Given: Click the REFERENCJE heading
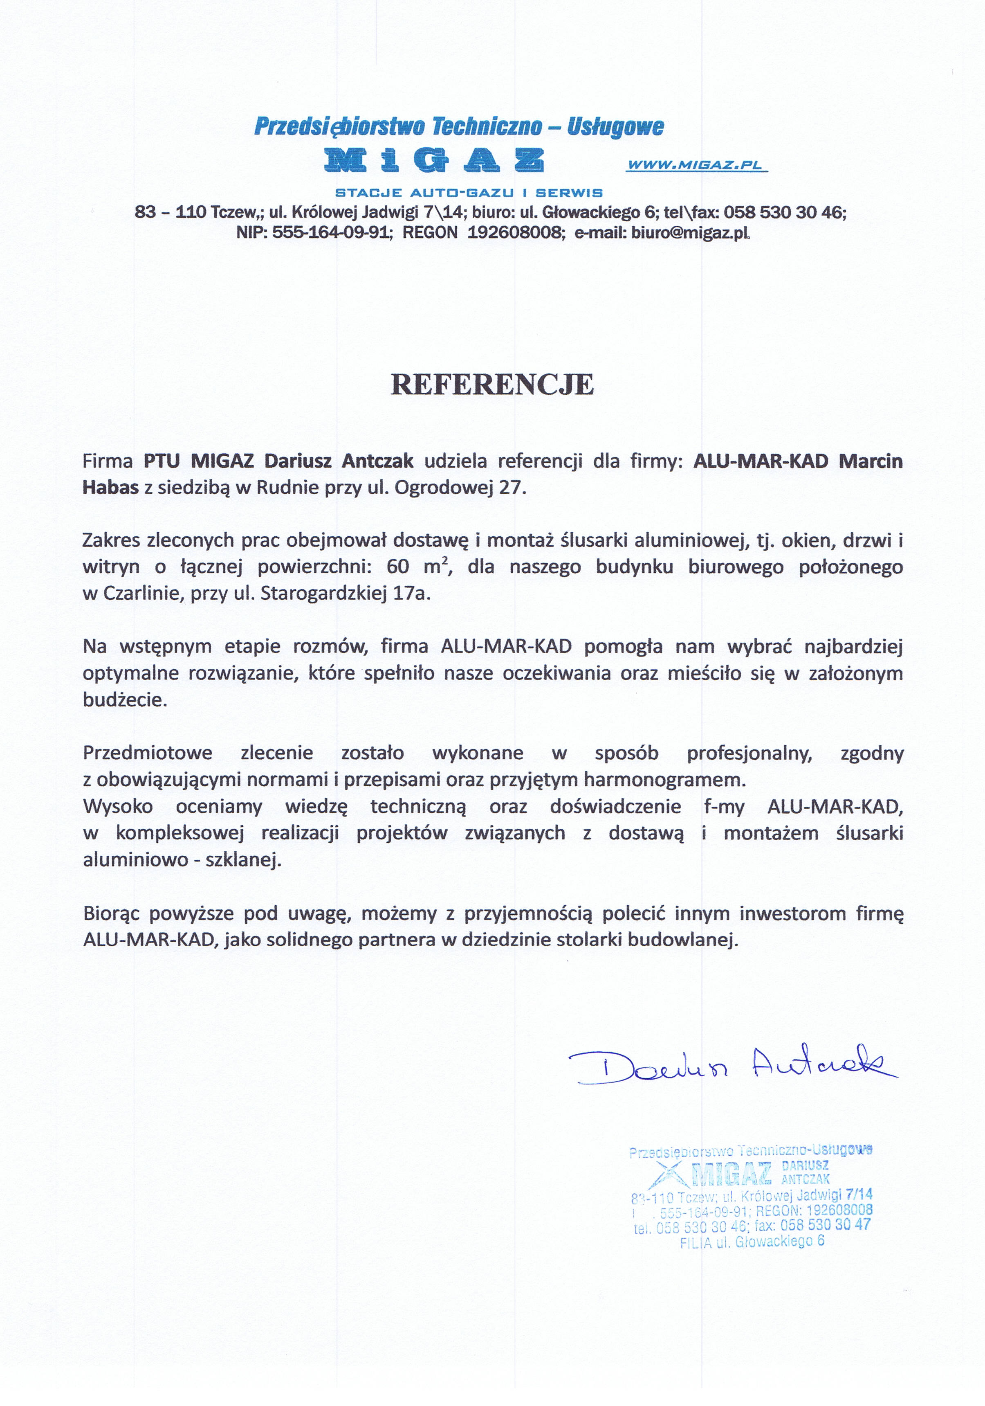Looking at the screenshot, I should click(492, 385).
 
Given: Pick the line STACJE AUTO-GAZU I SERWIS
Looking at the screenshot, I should click(469, 193).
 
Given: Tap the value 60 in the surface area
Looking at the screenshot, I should click(397, 567).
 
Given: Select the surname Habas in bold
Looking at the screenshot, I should click(110, 488).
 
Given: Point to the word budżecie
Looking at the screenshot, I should click(125, 700).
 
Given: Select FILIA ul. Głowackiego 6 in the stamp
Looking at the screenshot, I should click(752, 1241).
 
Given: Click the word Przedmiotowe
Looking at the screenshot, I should click(148, 753).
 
